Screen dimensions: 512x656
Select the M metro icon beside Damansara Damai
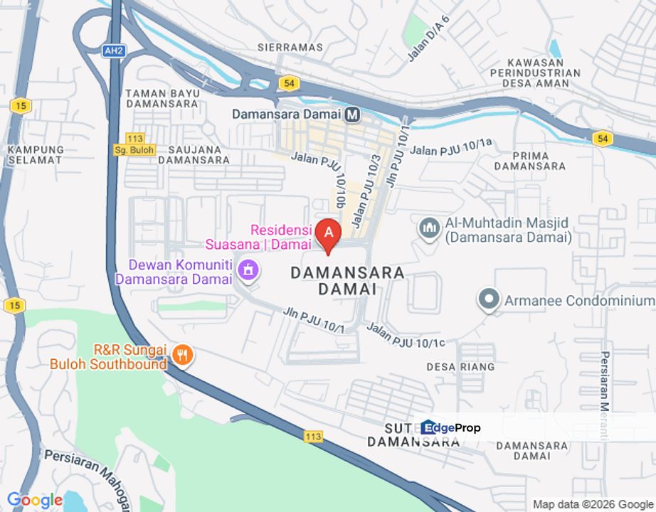click(x=352, y=114)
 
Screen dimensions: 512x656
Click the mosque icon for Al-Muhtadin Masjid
click(x=428, y=228)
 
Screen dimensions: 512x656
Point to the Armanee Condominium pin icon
click(x=488, y=300)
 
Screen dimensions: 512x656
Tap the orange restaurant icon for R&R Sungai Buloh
click(x=183, y=355)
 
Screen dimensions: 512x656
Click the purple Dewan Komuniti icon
click(x=248, y=270)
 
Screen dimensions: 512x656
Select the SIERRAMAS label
click(x=290, y=48)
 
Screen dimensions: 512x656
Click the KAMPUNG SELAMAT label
click(x=36, y=154)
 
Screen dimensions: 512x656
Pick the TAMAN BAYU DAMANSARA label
click(x=161, y=98)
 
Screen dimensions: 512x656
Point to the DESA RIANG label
click(x=460, y=367)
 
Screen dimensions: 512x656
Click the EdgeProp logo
click(x=450, y=427)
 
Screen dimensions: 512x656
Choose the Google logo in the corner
click(x=34, y=501)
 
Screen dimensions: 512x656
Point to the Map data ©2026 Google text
click(x=593, y=504)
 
